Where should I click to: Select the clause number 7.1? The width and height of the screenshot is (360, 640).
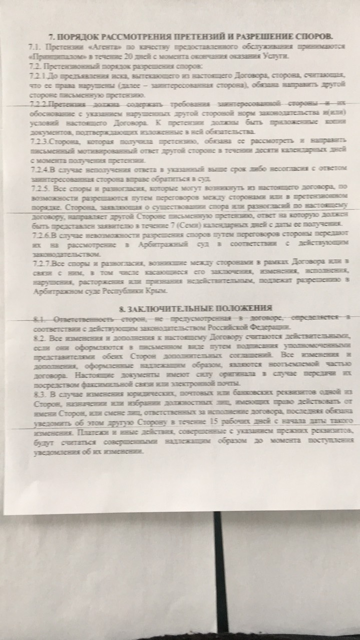coord(35,47)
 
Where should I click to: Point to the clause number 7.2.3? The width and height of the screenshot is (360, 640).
coord(40,142)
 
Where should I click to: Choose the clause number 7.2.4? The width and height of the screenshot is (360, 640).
coord(40,171)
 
